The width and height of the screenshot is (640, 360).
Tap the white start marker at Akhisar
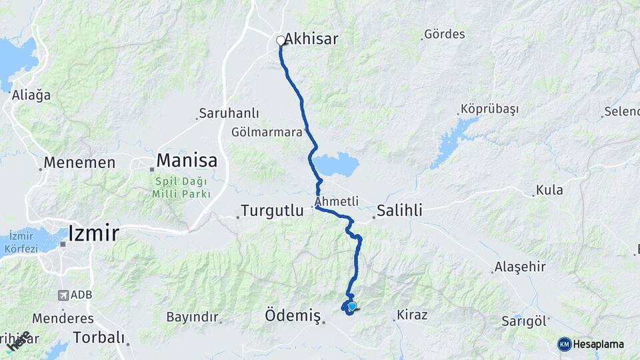tap(281, 41)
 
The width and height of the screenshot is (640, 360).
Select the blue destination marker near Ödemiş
tap(352, 306)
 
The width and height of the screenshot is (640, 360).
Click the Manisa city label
tap(187, 161)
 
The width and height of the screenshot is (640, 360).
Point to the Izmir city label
tap(93, 233)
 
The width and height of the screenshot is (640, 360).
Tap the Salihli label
tap(400, 211)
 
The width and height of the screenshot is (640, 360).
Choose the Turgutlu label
tap(271, 211)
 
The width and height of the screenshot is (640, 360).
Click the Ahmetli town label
tap(337, 201)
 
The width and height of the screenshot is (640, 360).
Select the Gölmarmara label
tap(267, 131)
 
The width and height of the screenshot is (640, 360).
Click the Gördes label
tap(445, 33)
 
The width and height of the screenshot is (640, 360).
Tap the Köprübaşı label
tap(489, 109)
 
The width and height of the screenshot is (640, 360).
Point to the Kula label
tap(549, 190)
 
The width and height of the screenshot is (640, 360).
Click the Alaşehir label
tap(520, 267)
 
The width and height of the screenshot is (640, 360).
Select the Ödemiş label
tap(293, 314)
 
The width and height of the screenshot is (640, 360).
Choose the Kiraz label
tap(412, 314)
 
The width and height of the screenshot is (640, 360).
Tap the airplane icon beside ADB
tap(63, 295)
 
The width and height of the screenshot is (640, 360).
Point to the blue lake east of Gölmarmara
tap(336, 164)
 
